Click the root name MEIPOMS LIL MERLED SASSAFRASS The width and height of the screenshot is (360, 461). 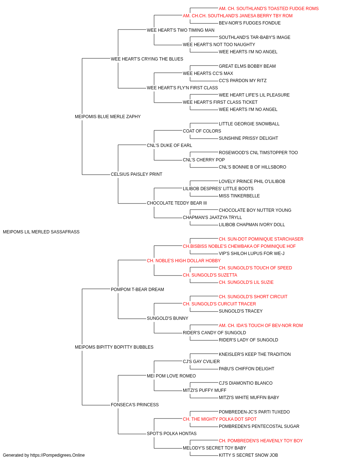tap(41, 232)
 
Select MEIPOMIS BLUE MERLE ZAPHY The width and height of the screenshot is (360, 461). tap(108, 117)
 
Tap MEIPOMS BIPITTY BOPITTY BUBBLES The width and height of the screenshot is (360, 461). tap(114, 347)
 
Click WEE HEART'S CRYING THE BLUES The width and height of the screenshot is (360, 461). tap(147, 59)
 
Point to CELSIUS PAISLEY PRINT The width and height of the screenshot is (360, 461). tap(136, 174)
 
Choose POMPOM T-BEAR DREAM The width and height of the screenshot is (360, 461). tap(138, 289)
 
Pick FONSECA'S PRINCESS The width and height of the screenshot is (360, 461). tap(135, 404)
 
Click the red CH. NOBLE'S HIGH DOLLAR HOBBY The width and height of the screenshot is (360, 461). tap(184, 260)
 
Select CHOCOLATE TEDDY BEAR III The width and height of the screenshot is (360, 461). tap(177, 203)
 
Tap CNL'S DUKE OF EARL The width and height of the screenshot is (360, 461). tap(170, 145)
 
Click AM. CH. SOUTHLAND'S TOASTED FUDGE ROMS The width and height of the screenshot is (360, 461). tap(269, 9)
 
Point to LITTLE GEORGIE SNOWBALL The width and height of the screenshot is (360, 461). tap(249, 124)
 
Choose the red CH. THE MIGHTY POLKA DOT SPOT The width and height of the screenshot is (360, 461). tap(220, 419)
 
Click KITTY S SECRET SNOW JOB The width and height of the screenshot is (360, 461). tap(248, 455)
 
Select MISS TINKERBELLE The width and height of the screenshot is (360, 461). tap(239, 196)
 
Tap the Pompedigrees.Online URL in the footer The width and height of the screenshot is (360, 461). tap(58, 455)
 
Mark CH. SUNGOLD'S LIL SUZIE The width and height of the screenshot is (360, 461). tap(246, 282)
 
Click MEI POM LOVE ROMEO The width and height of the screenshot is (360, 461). tap(171, 376)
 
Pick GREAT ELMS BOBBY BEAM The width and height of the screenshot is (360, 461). tap(247, 66)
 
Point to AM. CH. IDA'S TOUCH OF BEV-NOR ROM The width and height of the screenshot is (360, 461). tap(261, 326)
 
